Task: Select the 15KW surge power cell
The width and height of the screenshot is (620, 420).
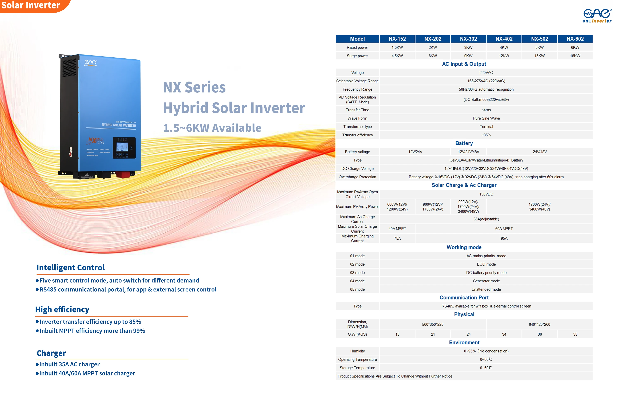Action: (x=539, y=56)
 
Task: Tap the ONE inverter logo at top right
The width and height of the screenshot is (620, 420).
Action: (x=597, y=16)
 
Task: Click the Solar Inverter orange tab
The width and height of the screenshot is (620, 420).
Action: (x=31, y=5)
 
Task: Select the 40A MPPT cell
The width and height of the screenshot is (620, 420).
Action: (x=397, y=229)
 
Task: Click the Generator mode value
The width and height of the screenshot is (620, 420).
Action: (x=486, y=281)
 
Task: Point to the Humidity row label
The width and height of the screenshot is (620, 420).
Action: (x=357, y=351)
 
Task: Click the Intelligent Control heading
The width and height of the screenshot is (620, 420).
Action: (x=71, y=267)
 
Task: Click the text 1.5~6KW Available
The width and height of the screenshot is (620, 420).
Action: (x=212, y=128)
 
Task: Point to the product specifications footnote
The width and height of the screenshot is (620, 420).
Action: (x=394, y=376)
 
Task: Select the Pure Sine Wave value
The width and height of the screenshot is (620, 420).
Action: (x=486, y=118)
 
